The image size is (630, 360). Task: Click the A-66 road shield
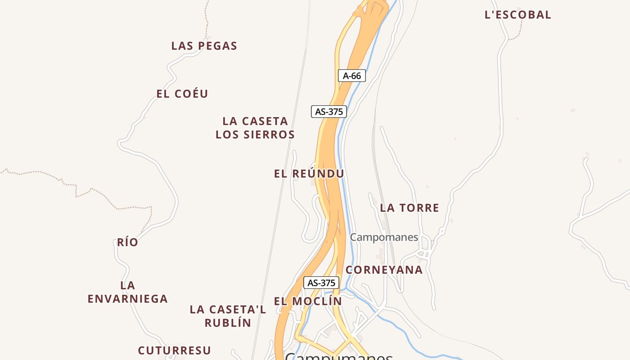352,76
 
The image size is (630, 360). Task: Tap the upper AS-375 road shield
329,112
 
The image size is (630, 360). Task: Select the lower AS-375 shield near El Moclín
321,283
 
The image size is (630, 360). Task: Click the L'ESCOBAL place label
517,15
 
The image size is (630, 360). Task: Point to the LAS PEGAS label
204,46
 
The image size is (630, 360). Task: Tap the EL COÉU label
182,94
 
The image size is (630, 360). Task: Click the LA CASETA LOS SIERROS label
255,128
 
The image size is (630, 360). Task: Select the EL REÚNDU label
309,174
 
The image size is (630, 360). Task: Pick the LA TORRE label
409,208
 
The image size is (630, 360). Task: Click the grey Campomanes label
384,237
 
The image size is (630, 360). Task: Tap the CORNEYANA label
384,270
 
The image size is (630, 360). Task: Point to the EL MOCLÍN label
308,301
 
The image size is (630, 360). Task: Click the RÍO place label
128,243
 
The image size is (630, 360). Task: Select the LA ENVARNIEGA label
128,292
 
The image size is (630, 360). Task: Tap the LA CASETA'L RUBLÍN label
228,316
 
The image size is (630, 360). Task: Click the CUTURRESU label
175,351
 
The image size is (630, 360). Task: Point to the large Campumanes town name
339,357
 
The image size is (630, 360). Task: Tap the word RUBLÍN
228,323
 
